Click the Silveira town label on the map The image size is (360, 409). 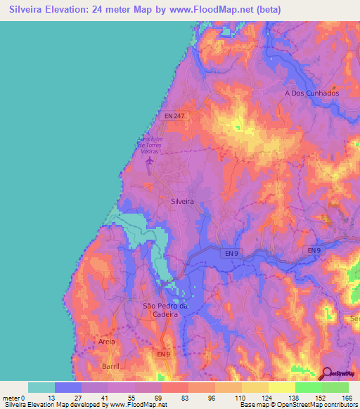pos(182,201)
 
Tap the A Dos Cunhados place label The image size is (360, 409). pos(311,93)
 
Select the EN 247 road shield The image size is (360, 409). pos(174,115)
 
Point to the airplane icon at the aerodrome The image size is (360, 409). pos(149,163)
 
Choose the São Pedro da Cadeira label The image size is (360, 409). pos(165,310)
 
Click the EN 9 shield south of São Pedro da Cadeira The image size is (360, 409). pos(162,354)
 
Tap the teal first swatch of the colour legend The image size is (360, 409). pos(41,387)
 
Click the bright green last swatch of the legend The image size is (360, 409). pos(335,387)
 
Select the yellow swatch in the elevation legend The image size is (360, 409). pos(282,387)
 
